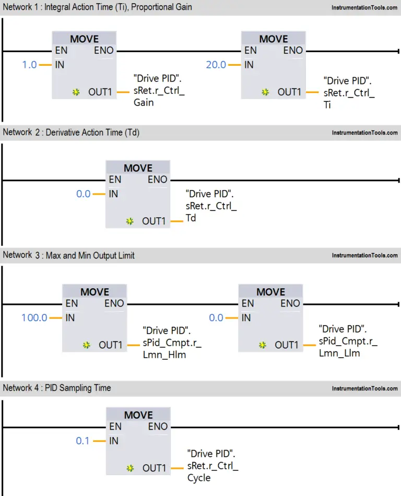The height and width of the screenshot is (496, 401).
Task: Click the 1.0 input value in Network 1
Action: point(29,65)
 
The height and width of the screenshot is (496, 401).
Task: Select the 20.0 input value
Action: point(216,65)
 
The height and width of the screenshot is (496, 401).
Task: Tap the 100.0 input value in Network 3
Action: point(34,317)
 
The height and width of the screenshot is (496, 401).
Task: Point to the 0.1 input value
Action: point(82,441)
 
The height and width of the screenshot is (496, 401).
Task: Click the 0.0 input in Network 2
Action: point(84,194)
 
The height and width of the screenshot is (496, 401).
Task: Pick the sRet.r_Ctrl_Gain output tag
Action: point(159,90)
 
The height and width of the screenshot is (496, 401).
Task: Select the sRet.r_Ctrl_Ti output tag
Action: point(349,93)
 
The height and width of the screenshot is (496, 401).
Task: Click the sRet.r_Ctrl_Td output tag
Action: point(211,206)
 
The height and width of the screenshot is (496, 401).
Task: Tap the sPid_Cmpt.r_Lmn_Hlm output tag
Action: point(172,343)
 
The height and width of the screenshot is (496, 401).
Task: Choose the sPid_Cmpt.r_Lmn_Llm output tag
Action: point(348,341)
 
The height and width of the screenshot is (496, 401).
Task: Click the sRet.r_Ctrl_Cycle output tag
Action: point(213,466)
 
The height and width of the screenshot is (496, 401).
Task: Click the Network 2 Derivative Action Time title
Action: point(71,132)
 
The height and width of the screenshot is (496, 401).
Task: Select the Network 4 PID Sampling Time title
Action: point(57,388)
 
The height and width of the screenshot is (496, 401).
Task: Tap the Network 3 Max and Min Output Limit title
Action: point(68,255)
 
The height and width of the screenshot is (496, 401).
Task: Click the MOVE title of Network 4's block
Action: point(138,415)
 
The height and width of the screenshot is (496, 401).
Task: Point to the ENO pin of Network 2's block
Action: point(158,180)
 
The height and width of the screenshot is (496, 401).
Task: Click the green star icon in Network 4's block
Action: point(130,468)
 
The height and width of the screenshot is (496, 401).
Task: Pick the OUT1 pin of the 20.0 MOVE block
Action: point(289,92)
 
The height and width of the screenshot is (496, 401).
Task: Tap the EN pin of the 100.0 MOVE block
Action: point(72,303)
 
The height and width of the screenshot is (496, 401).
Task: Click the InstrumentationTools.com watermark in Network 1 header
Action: point(364,8)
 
